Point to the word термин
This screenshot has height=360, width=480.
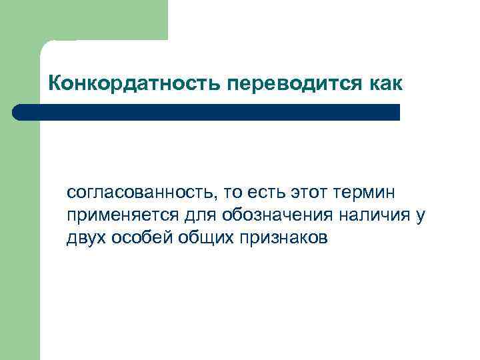click(x=360, y=194)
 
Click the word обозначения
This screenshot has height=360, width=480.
click(x=279, y=217)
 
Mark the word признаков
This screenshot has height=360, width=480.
click(x=286, y=239)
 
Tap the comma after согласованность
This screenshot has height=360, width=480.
click(x=215, y=199)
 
